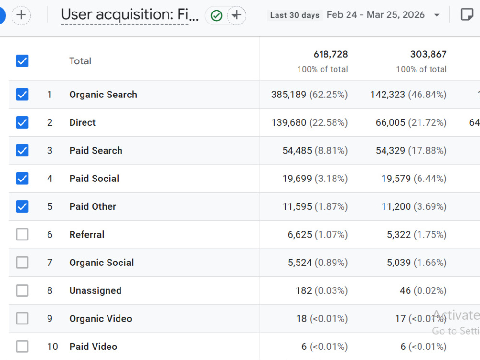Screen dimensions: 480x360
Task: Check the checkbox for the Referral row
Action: point(23,235)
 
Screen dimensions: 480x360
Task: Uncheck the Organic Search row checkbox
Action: point(23,94)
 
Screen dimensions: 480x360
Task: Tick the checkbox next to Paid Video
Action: point(23,347)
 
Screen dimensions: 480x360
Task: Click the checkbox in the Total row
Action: point(23,61)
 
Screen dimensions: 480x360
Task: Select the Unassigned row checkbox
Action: point(23,290)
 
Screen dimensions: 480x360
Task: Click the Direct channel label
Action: point(83,122)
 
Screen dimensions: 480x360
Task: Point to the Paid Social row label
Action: point(94,179)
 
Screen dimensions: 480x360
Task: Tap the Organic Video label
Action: point(100,319)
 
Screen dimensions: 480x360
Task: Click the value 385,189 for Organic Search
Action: point(288,94)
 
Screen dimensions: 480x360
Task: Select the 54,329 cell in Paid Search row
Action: point(390,151)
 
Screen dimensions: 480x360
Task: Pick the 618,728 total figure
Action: point(331,54)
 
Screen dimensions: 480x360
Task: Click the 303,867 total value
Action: point(428,54)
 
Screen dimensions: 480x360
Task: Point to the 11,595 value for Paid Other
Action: point(297,206)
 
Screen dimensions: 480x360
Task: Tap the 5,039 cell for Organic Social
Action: point(398,263)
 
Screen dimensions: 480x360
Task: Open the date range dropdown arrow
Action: point(437,15)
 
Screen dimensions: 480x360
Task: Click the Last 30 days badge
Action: point(295,15)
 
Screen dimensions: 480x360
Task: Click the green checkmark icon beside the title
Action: point(216,15)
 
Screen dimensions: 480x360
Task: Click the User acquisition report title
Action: point(130,15)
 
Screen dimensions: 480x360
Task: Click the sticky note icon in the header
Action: point(467,14)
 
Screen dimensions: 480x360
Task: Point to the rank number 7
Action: point(49,263)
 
